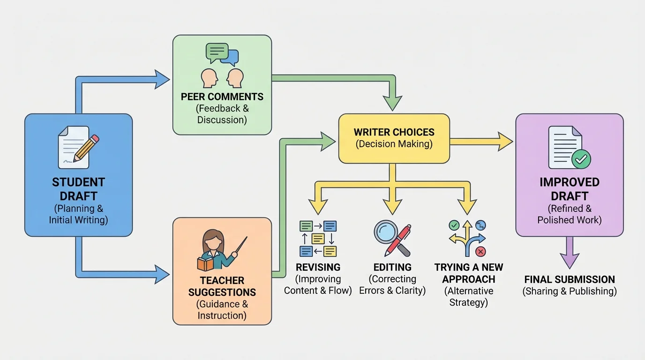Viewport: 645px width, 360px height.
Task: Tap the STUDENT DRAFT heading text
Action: click(x=78, y=189)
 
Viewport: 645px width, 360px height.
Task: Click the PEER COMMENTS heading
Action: click(x=222, y=97)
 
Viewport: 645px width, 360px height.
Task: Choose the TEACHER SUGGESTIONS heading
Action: click(x=222, y=286)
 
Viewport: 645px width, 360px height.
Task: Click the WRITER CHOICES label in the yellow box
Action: click(x=394, y=132)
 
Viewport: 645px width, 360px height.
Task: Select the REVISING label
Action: click(x=318, y=267)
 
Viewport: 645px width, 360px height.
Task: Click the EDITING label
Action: click(x=392, y=267)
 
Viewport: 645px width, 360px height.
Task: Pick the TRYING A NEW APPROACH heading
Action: click(x=468, y=273)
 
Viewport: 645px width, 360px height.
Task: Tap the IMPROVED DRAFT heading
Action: click(x=569, y=189)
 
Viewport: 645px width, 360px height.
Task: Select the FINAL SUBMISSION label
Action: click(x=569, y=279)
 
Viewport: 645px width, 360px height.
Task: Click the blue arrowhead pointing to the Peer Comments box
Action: click(x=162, y=79)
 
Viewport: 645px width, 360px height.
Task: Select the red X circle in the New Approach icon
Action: click(x=480, y=252)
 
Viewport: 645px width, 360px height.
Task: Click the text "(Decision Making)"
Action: click(x=394, y=144)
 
